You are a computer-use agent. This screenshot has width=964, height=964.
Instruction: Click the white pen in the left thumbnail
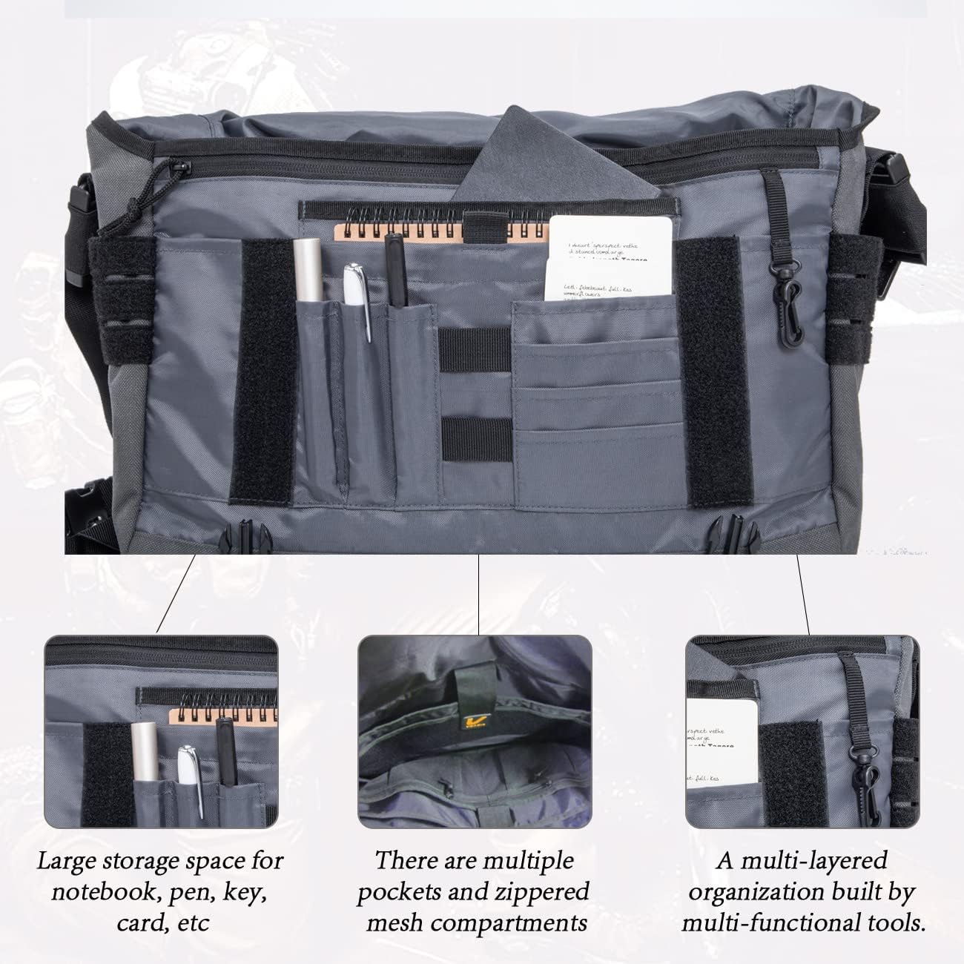[189, 775]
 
